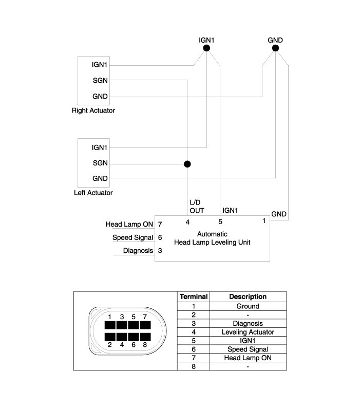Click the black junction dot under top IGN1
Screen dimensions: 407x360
click(206, 48)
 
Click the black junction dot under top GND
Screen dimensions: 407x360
click(275, 48)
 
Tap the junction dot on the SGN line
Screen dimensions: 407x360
click(187, 164)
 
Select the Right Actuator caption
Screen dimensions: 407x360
click(93, 110)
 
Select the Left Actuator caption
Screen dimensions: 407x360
click(93, 193)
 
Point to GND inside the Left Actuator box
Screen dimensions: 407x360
click(100, 178)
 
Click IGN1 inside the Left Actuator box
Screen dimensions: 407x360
click(100, 147)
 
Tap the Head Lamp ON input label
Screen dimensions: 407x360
click(129, 224)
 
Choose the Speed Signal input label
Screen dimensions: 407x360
click(132, 237)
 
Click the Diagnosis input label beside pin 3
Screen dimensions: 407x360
click(138, 250)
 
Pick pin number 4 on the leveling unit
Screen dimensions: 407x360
click(187, 222)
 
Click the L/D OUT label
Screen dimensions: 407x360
click(197, 207)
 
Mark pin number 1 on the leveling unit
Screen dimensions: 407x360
click(264, 221)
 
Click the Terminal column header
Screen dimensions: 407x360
click(193, 297)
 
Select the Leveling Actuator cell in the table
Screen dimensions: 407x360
click(248, 332)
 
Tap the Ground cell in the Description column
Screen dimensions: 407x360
click(248, 306)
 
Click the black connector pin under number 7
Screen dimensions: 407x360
click(145, 325)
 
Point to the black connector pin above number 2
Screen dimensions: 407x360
click(109, 337)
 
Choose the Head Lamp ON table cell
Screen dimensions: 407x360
click(248, 358)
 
